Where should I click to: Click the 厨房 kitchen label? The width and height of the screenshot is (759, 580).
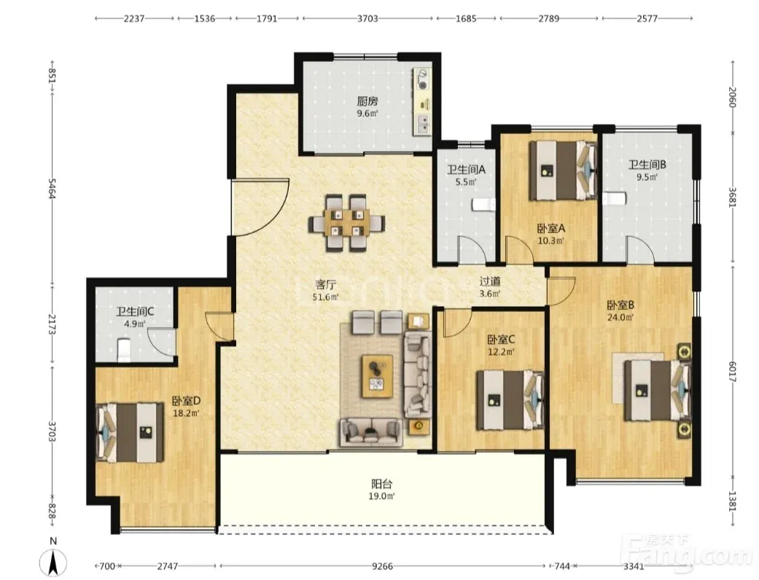tap(367, 101)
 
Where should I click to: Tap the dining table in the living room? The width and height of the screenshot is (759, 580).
tap(347, 223)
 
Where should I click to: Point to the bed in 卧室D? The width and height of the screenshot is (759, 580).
tap(131, 432)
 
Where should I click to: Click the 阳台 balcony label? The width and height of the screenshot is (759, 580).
tap(382, 484)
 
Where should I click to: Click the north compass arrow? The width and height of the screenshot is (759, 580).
tap(54, 563)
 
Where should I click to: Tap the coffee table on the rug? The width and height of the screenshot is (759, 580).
tap(377, 377)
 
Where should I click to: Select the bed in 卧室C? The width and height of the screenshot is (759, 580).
tap(510, 400)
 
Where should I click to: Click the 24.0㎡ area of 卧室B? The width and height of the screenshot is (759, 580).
tap(620, 318)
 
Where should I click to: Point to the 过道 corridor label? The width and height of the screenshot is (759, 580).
tap(490, 281)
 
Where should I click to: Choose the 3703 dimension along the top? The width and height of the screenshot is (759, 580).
tap(367, 18)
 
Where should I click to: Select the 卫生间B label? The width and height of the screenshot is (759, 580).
tap(647, 165)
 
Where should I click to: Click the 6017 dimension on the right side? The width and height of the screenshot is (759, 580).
tap(732, 372)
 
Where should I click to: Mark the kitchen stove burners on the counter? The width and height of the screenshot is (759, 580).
tap(423, 79)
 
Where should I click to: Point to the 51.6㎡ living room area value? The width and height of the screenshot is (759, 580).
tap(325, 297)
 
